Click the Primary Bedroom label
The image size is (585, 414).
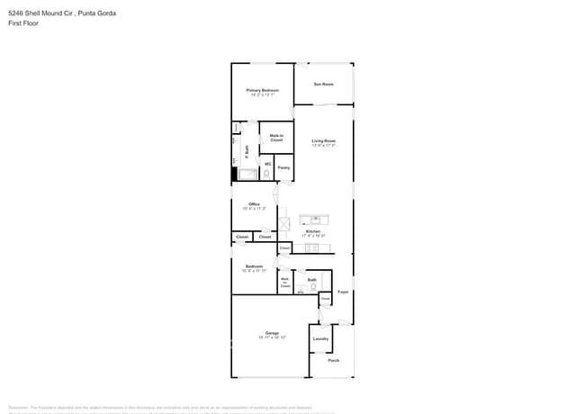263,90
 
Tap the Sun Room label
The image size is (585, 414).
323,84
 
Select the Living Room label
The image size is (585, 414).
324,140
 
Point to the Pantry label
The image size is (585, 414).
283,167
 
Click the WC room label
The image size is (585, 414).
268,164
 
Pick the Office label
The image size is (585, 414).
254,204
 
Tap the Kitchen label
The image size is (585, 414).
312,231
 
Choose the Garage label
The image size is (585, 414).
272,333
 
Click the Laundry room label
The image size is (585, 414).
320,338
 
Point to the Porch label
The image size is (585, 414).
333,360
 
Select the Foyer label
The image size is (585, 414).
343,292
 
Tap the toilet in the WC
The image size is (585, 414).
267,172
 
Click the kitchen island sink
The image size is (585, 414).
316,219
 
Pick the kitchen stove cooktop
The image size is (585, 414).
313,247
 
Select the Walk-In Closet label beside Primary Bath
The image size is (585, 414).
276,139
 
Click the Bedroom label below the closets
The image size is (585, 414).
254,266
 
